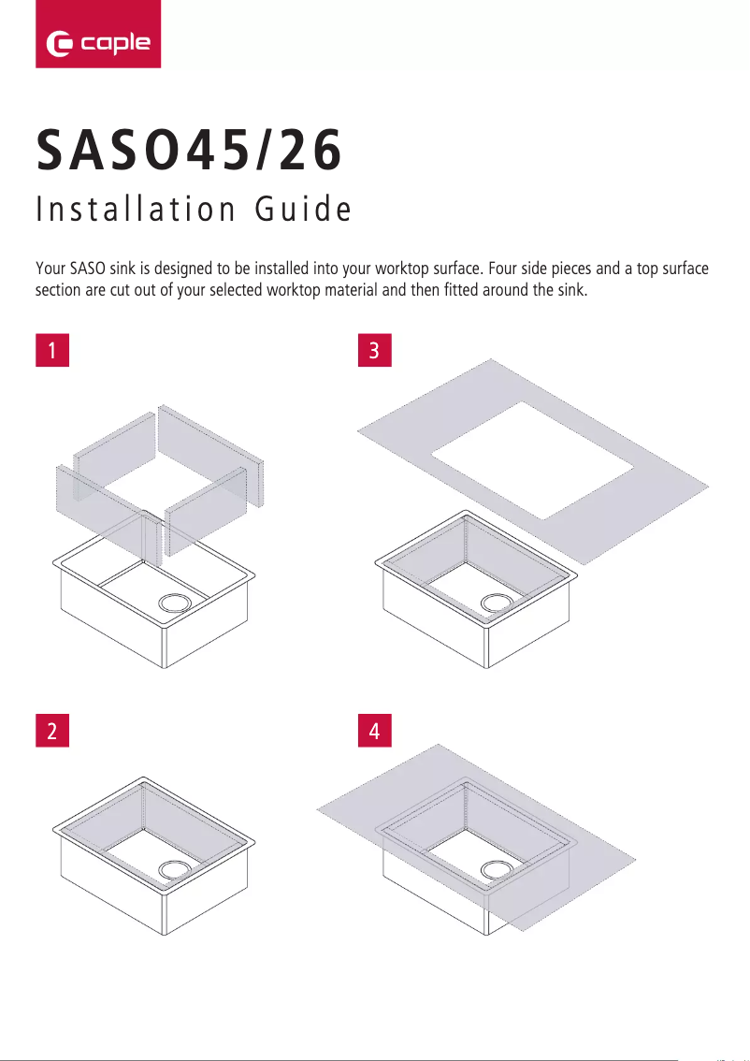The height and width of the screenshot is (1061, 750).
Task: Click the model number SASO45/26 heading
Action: (189, 153)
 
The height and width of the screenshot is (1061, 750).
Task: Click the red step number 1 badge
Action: (52, 351)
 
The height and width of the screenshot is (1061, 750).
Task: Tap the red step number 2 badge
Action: (52, 733)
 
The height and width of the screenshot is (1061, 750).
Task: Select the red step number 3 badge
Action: (375, 351)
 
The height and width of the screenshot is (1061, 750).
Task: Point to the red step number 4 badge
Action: (375, 733)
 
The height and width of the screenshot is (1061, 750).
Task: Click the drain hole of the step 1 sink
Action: (173, 603)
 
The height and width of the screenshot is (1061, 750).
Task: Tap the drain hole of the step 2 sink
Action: (173, 869)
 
